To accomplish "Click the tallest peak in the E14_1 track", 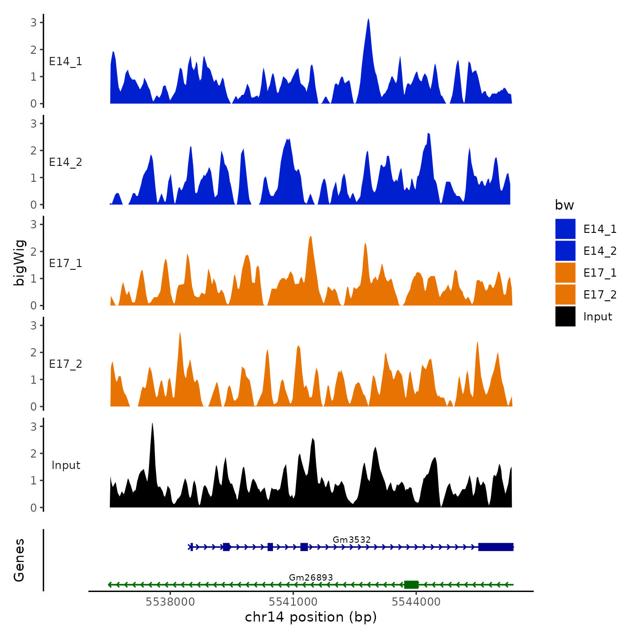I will (x=368, y=21).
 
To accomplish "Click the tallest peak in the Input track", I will (x=152, y=425).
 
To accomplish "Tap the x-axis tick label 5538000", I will (x=170, y=602).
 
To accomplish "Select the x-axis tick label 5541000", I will (x=293, y=602).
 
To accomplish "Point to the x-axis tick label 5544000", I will (x=416, y=602).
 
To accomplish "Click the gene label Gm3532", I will (x=351, y=540).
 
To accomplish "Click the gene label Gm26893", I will (x=311, y=577).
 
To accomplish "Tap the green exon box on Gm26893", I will (x=411, y=585).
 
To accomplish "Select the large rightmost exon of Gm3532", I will (x=496, y=547).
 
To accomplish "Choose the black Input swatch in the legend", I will (x=565, y=316).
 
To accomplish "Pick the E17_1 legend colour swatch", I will (x=565, y=273).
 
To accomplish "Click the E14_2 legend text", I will (x=600, y=251).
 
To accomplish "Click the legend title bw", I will (x=564, y=205).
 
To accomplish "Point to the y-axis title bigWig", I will (x=19, y=263).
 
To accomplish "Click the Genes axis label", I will (x=19, y=560).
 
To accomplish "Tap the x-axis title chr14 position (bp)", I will (x=311, y=617).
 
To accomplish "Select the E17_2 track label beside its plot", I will (x=66, y=364).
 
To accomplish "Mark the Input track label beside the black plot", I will (x=66, y=465).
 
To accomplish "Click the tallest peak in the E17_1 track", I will (x=311, y=237).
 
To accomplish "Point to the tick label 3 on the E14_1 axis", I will (x=33, y=22).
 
